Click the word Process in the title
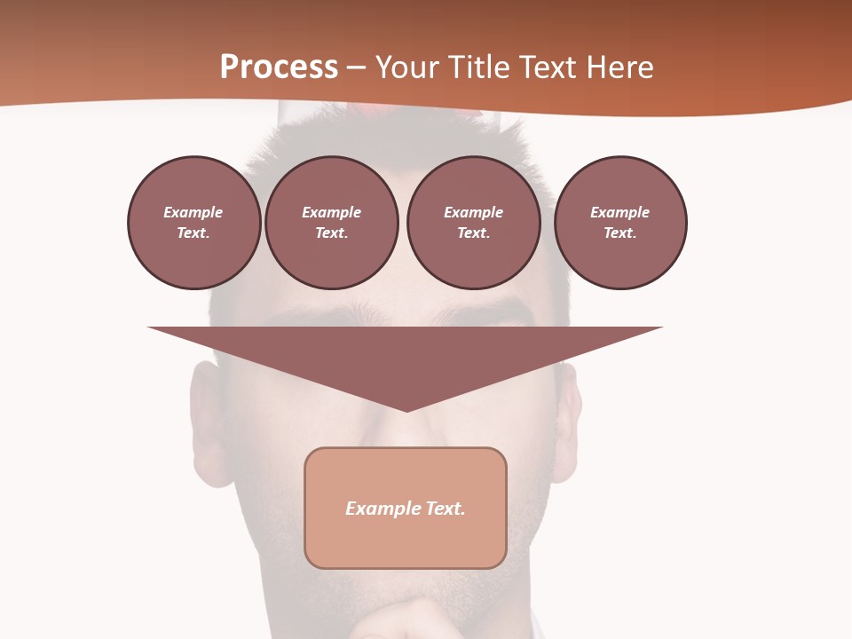(279, 67)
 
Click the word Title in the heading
(477, 67)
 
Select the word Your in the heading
(407, 67)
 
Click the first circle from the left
(194, 223)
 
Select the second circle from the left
(332, 223)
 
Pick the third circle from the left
(474, 223)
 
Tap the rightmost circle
(620, 223)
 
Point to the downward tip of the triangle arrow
(406, 409)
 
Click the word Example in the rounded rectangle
(381, 509)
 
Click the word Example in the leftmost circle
(193, 212)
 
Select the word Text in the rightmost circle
(619, 233)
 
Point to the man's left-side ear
(206, 417)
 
